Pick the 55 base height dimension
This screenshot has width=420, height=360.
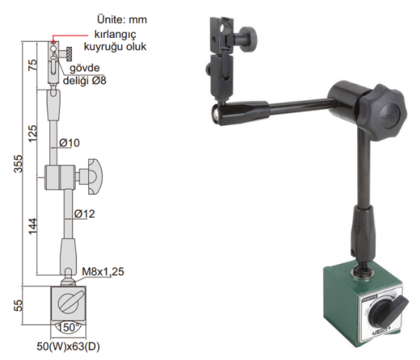19,306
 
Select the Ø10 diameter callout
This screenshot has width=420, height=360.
70,143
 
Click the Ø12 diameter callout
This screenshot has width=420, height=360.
85,213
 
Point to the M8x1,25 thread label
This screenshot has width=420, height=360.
102,272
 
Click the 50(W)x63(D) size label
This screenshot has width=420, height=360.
68,346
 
